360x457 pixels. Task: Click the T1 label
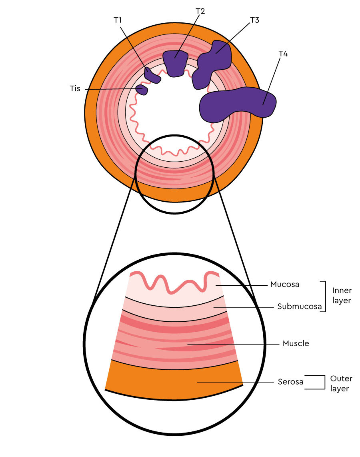click(x=117, y=20)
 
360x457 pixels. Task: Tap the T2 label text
click(x=200, y=11)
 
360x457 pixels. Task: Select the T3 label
click(x=254, y=20)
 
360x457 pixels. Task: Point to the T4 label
click(x=283, y=54)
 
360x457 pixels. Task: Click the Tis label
click(x=75, y=88)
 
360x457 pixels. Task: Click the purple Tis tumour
click(x=142, y=90)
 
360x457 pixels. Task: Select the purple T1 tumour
click(x=152, y=75)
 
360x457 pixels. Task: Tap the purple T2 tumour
click(x=175, y=63)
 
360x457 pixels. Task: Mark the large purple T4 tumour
click(x=237, y=104)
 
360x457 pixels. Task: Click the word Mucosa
click(x=284, y=285)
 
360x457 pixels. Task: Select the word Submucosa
click(x=300, y=307)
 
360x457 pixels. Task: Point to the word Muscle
click(x=296, y=343)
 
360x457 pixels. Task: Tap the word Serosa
click(x=290, y=382)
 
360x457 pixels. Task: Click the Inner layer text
click(x=342, y=296)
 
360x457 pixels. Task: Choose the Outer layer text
click(x=341, y=383)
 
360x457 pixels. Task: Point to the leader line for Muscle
click(x=233, y=344)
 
